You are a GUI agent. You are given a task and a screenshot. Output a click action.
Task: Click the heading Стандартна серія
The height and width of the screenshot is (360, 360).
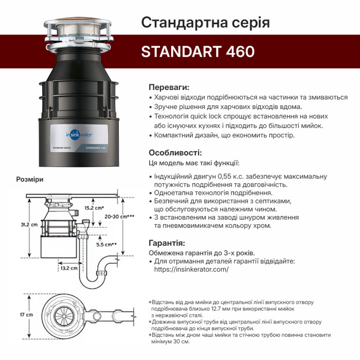(x=206, y=23)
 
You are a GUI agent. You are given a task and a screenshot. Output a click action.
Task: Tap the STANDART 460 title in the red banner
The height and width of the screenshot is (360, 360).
(x=198, y=51)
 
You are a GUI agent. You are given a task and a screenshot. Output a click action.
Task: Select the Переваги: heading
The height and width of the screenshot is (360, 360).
(x=169, y=87)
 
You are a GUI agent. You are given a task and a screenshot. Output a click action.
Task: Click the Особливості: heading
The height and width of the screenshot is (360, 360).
(x=175, y=153)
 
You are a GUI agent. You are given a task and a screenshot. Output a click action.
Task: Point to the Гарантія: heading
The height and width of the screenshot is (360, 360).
(x=167, y=243)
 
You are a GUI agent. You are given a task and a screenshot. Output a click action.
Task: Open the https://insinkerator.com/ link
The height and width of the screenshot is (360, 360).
(x=191, y=269)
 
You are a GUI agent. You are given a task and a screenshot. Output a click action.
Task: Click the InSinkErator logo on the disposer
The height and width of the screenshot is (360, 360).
(x=79, y=135)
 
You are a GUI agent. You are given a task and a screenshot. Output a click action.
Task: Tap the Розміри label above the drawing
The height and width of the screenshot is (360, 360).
(x=30, y=179)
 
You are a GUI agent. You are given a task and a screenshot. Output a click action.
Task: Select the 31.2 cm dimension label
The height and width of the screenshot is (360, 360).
(x=29, y=225)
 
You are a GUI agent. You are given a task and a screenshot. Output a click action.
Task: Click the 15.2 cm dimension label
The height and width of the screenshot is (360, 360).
(x=94, y=208)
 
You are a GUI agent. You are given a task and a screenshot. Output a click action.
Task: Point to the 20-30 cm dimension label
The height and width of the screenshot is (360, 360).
(x=119, y=217)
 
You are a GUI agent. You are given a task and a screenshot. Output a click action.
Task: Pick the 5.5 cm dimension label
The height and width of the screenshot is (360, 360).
(x=106, y=244)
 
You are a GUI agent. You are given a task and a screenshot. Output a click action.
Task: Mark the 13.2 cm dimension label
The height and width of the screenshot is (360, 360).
(x=69, y=268)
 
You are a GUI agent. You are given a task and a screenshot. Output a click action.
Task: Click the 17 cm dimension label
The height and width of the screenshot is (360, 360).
(x=26, y=315)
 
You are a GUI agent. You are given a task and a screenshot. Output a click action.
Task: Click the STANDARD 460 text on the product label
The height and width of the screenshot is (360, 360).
(x=96, y=148)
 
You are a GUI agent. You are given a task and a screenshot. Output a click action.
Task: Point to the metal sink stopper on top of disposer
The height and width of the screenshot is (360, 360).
(x=78, y=26)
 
